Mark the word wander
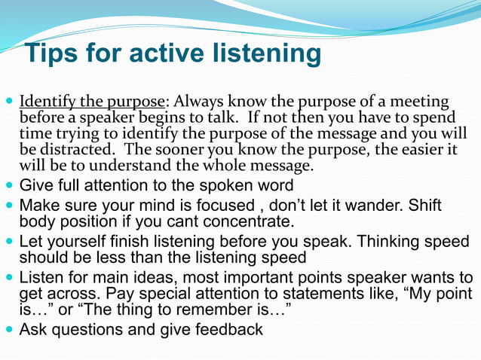[x=378, y=206]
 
